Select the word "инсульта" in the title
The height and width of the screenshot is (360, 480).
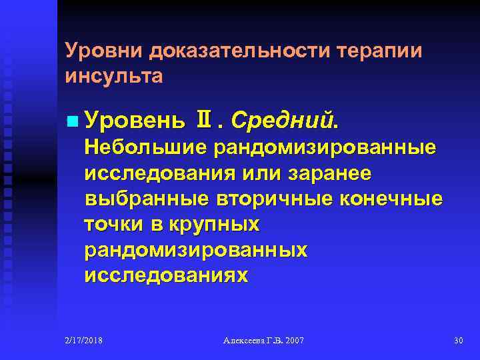(x=114, y=75)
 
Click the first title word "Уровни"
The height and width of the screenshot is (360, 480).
(x=105, y=52)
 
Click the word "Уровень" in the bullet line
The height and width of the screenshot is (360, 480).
(x=133, y=122)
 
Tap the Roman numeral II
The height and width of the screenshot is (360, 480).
(x=201, y=122)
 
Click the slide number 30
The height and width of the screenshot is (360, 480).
(x=458, y=341)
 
